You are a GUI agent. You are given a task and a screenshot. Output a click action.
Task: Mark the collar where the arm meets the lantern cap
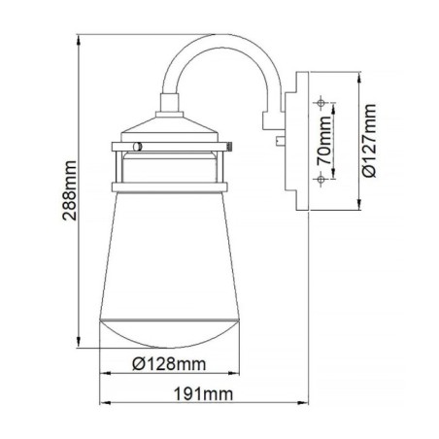(166, 103)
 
